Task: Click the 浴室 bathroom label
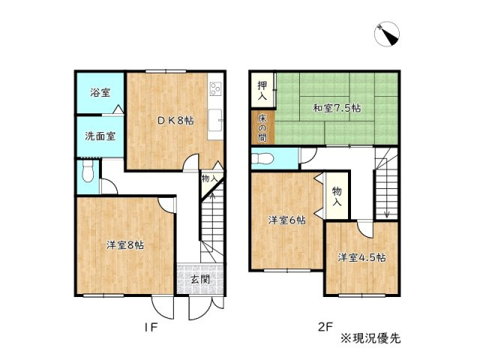coord(100,93)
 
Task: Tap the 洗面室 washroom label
coord(100,136)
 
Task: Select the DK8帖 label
coord(175,121)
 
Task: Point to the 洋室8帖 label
coord(125,245)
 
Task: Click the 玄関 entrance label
coord(199,280)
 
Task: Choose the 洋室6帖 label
coord(287,220)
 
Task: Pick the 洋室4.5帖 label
coord(361,257)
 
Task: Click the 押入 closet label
coord(262,91)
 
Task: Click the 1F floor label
coord(151,327)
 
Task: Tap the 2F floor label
coord(324,327)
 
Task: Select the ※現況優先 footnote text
coord(370,337)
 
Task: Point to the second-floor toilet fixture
coord(262,158)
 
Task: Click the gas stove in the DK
coord(216,91)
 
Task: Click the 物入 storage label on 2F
coord(337,197)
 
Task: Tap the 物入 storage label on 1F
coord(210,178)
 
